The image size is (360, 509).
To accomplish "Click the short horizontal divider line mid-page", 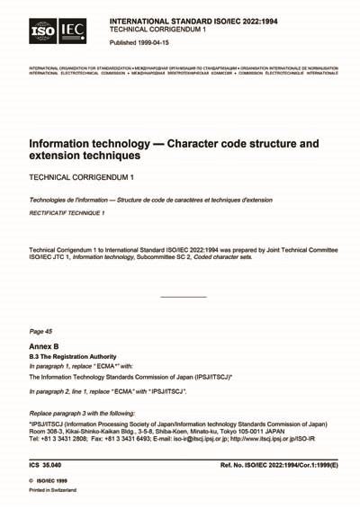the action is point(183,297).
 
